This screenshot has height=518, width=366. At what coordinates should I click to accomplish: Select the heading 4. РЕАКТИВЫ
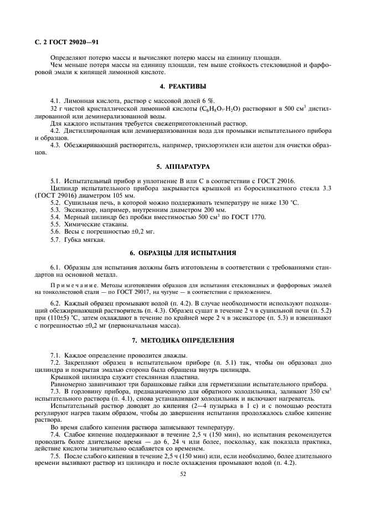183,87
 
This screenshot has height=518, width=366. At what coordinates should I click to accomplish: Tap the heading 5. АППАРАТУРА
183,167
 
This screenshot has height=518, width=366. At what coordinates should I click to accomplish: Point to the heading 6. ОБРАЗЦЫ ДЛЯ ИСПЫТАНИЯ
183,253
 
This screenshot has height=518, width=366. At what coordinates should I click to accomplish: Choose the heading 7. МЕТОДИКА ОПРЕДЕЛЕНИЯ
183,339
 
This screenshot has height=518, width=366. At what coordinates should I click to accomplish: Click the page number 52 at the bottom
183,474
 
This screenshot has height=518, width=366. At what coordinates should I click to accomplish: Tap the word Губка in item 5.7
74,239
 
